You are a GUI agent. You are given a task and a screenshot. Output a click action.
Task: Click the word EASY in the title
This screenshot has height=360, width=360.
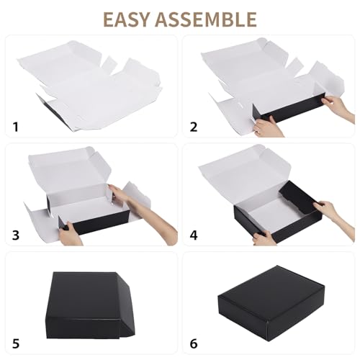click(132, 18)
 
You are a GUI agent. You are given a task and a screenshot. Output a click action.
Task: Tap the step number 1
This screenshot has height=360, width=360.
click(15, 127)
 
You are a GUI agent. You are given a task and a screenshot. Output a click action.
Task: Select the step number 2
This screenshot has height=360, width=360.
click(193, 127)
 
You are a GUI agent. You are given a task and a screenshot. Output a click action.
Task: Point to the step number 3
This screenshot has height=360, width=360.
click(15, 235)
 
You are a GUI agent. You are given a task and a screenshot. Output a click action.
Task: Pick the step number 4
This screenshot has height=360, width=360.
click(193, 235)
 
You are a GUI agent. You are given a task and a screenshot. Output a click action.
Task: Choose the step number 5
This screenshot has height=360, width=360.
click(15, 343)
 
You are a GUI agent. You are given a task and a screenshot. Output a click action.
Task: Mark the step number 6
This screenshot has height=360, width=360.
click(193, 343)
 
